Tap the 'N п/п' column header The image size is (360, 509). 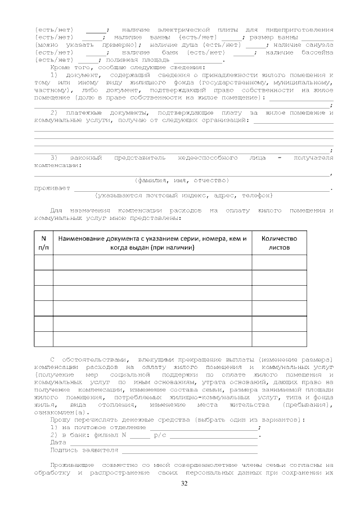(44, 242)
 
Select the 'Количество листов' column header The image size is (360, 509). (279, 242)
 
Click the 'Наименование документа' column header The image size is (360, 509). (152, 242)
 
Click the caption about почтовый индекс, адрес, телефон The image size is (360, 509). (184, 195)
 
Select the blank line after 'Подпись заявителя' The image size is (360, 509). (189, 450)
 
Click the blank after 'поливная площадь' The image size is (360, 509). (198, 60)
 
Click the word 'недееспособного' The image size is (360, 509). (206, 158)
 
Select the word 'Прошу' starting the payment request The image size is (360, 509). (61, 420)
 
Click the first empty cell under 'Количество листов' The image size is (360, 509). (279, 262)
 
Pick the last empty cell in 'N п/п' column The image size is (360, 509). (44, 339)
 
